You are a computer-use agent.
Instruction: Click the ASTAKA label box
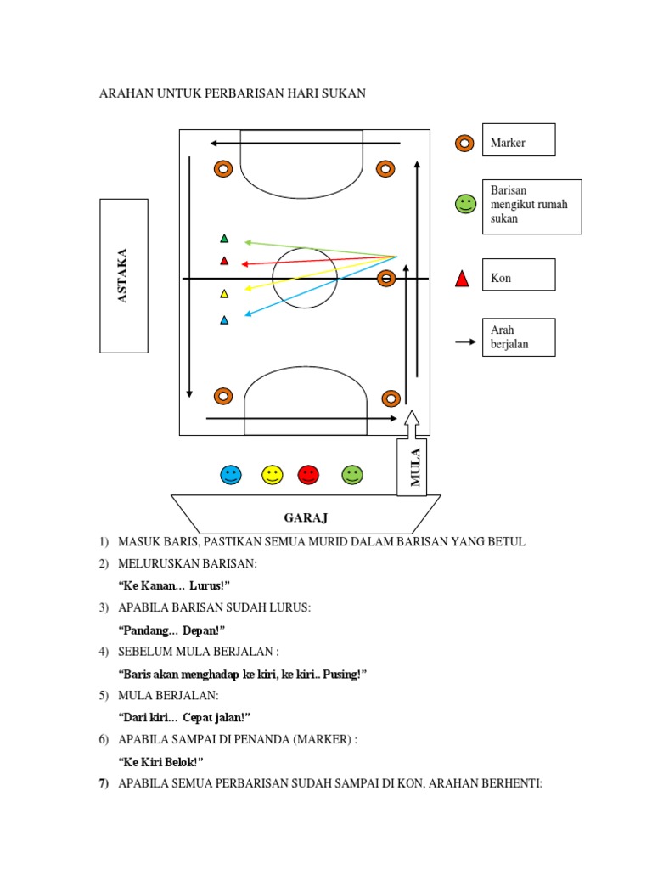tap(124, 275)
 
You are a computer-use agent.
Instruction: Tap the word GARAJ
tap(306, 517)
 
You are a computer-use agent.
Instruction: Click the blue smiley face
tap(231, 475)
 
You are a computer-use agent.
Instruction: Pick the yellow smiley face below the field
tap(272, 475)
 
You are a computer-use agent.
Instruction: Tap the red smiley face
tap(308, 475)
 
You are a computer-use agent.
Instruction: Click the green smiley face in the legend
tap(465, 204)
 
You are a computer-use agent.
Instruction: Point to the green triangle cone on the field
tap(224, 239)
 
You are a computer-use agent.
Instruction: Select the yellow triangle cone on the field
tap(224, 294)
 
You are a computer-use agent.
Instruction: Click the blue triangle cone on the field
tap(224, 320)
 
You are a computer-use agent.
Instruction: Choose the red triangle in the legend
tap(462, 278)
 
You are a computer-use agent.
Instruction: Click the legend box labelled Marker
tap(519, 140)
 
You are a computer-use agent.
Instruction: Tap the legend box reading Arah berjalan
tap(519, 337)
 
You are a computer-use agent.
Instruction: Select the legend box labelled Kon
tap(519, 275)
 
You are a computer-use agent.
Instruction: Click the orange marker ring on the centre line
tap(386, 278)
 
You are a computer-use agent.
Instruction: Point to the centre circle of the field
tap(305, 278)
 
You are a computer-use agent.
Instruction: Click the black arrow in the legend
tap(465, 342)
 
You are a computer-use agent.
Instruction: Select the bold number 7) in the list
tap(104, 782)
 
